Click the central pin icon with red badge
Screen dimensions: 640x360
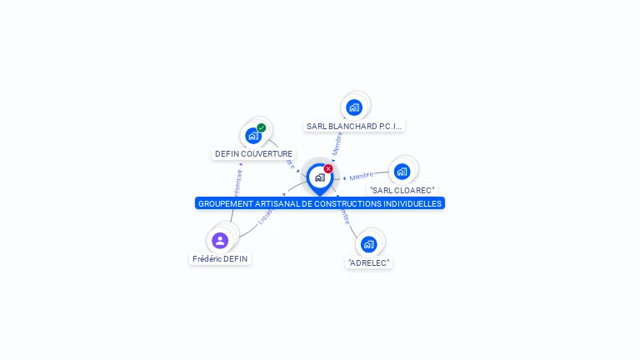[x=319, y=177]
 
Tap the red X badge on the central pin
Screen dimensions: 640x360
[x=328, y=168]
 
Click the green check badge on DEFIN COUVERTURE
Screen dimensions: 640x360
[x=262, y=127]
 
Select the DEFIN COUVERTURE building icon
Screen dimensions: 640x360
[x=253, y=136]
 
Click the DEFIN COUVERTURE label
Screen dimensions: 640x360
[x=253, y=153]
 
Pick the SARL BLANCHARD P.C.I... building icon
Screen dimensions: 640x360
[x=354, y=107]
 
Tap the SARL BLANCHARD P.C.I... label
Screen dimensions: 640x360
[x=354, y=127]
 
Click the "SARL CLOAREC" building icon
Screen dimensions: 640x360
[x=402, y=172]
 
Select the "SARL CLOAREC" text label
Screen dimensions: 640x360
[x=402, y=190]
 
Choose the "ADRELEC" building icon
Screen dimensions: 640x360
[x=368, y=244]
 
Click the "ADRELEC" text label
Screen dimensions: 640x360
[x=368, y=262]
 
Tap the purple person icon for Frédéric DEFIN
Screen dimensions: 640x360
[x=220, y=241]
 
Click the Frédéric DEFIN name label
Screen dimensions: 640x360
[x=220, y=258]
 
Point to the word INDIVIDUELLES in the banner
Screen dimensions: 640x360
[x=411, y=203]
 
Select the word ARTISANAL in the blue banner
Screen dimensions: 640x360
[x=277, y=203]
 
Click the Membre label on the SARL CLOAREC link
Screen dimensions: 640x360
[x=362, y=176]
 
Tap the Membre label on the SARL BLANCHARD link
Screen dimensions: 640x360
[x=337, y=142]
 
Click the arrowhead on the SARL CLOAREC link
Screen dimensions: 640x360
[x=344, y=178]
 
